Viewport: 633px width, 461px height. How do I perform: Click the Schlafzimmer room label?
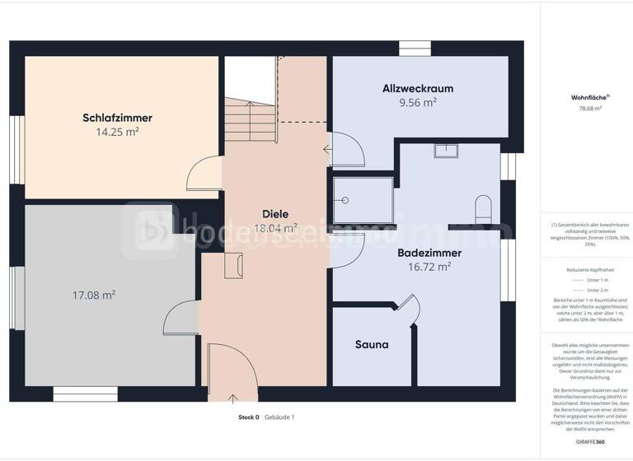point(117,118)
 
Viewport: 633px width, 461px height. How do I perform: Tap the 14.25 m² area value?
point(117,131)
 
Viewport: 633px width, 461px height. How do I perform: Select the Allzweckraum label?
point(417,88)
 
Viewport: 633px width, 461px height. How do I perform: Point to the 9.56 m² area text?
point(417,102)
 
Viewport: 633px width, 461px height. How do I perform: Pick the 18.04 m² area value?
point(274,228)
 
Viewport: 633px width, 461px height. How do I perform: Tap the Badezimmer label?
point(429,253)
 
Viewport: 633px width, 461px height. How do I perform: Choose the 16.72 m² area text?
point(429,267)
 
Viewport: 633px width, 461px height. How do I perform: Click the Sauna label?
point(371,345)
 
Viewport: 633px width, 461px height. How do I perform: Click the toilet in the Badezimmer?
point(483,207)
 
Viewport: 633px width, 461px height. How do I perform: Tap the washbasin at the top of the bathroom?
point(448,150)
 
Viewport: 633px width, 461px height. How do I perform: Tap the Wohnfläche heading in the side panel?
point(586,97)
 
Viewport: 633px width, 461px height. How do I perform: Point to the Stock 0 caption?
point(249,417)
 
